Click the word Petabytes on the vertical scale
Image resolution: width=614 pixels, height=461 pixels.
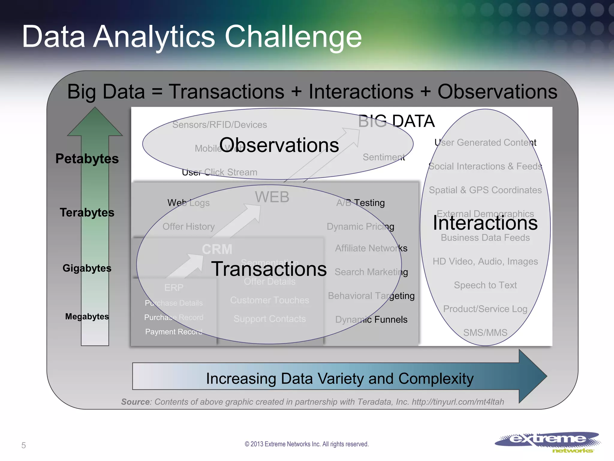[87, 158]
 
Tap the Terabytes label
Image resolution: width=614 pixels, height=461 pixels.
[87, 212]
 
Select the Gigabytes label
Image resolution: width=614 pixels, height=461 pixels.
[87, 268]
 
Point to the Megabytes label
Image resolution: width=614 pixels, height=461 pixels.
[87, 316]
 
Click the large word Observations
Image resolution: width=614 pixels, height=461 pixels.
[279, 145]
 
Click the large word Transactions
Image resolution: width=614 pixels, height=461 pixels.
[269, 269]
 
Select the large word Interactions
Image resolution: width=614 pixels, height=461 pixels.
[485, 223]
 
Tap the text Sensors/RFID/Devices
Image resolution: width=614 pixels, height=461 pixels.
[219, 125]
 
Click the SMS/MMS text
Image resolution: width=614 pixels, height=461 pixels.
[485, 333]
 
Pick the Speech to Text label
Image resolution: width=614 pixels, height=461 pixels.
[485, 285]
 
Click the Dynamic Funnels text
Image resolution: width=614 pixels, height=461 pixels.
[371, 319]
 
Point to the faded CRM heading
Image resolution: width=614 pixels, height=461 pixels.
[217, 249]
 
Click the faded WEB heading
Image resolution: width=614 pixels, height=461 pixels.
[272, 197]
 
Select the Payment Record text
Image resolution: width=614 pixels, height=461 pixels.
[174, 332]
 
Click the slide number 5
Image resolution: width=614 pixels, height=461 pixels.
[24, 445]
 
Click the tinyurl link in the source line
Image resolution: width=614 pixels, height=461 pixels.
[458, 402]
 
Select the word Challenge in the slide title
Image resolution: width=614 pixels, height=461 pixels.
[293, 37]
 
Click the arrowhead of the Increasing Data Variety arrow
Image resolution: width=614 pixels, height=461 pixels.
[532, 376]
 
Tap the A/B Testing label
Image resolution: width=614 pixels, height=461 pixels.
[360, 203]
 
